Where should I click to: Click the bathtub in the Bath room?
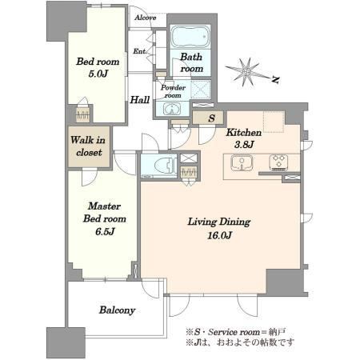coord(190,37)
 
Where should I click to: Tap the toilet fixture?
coord(165,166)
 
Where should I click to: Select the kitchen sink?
coord(242,162)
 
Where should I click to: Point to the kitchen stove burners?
coord(278,162)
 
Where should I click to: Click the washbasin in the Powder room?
coord(172,109)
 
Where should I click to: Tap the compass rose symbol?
coord(247,72)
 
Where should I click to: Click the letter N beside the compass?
coord(275,79)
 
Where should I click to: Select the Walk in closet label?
coord(88,146)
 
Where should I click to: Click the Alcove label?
coord(146,18)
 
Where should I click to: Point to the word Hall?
coord(140,100)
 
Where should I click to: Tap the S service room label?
coord(212,118)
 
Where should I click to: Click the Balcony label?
coord(117,310)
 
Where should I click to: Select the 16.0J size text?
coord(219,235)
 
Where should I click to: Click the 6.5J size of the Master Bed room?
coord(105,231)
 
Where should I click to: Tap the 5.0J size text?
coord(98,74)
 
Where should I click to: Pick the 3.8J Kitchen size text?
coord(244,145)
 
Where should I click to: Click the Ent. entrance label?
coord(140,51)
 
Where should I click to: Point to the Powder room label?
coord(173,91)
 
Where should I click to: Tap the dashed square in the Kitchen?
coord(274,122)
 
